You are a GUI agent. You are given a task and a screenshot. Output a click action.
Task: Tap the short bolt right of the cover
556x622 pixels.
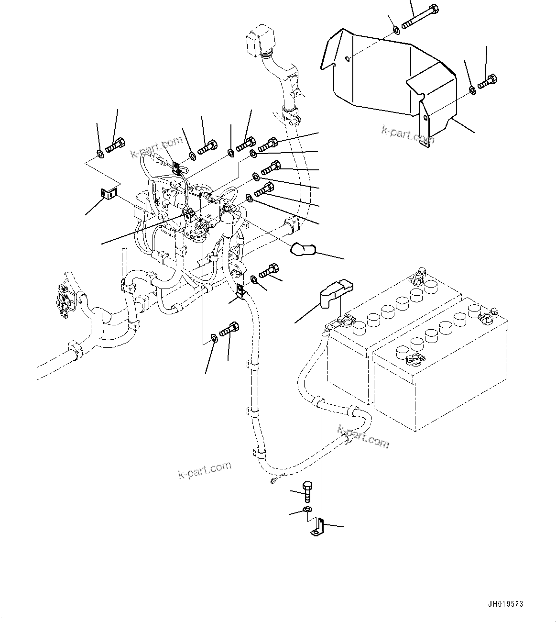pos(488,81)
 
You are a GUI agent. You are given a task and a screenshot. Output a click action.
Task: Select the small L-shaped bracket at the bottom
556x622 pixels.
pos(318,527)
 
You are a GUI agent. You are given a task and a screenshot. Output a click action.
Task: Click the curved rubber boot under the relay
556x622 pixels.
pos(302,249)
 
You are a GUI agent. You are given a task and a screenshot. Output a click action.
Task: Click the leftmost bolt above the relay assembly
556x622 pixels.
pos(115,144)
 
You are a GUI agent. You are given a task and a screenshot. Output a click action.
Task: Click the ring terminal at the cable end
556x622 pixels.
pos(273,479)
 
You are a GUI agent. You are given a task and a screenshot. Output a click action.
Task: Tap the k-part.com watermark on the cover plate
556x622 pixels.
pos(407,135)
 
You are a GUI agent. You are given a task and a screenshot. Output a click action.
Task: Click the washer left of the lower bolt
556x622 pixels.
pos(214,339)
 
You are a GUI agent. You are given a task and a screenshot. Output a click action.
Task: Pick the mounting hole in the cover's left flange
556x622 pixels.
pos(348,60)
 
